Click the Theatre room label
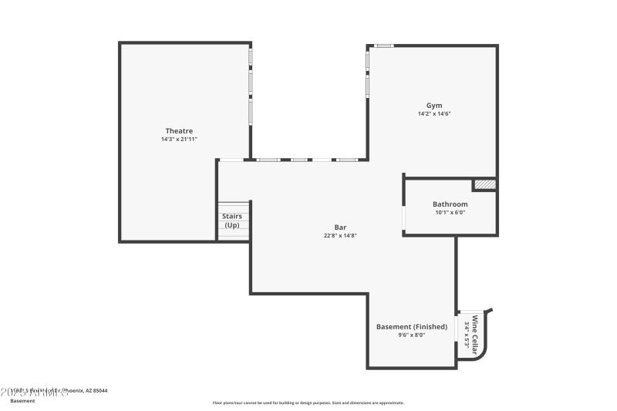click(x=179, y=130)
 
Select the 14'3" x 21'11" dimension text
click(x=179, y=140)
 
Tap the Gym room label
click(x=434, y=105)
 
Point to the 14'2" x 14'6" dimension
click(x=434, y=113)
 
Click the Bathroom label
click(x=450, y=204)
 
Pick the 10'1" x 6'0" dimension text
click(x=450, y=213)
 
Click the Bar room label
click(x=339, y=227)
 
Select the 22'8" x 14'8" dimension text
click(x=339, y=236)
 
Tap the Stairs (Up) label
click(x=232, y=221)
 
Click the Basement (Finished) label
click(x=412, y=326)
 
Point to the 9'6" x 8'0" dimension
click(x=412, y=335)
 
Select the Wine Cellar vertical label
click(x=475, y=335)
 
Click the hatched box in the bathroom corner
click(x=484, y=184)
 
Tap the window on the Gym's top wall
click(x=383, y=46)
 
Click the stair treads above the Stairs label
click(x=234, y=206)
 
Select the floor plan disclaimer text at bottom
click(x=308, y=403)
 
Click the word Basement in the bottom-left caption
click(x=22, y=401)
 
